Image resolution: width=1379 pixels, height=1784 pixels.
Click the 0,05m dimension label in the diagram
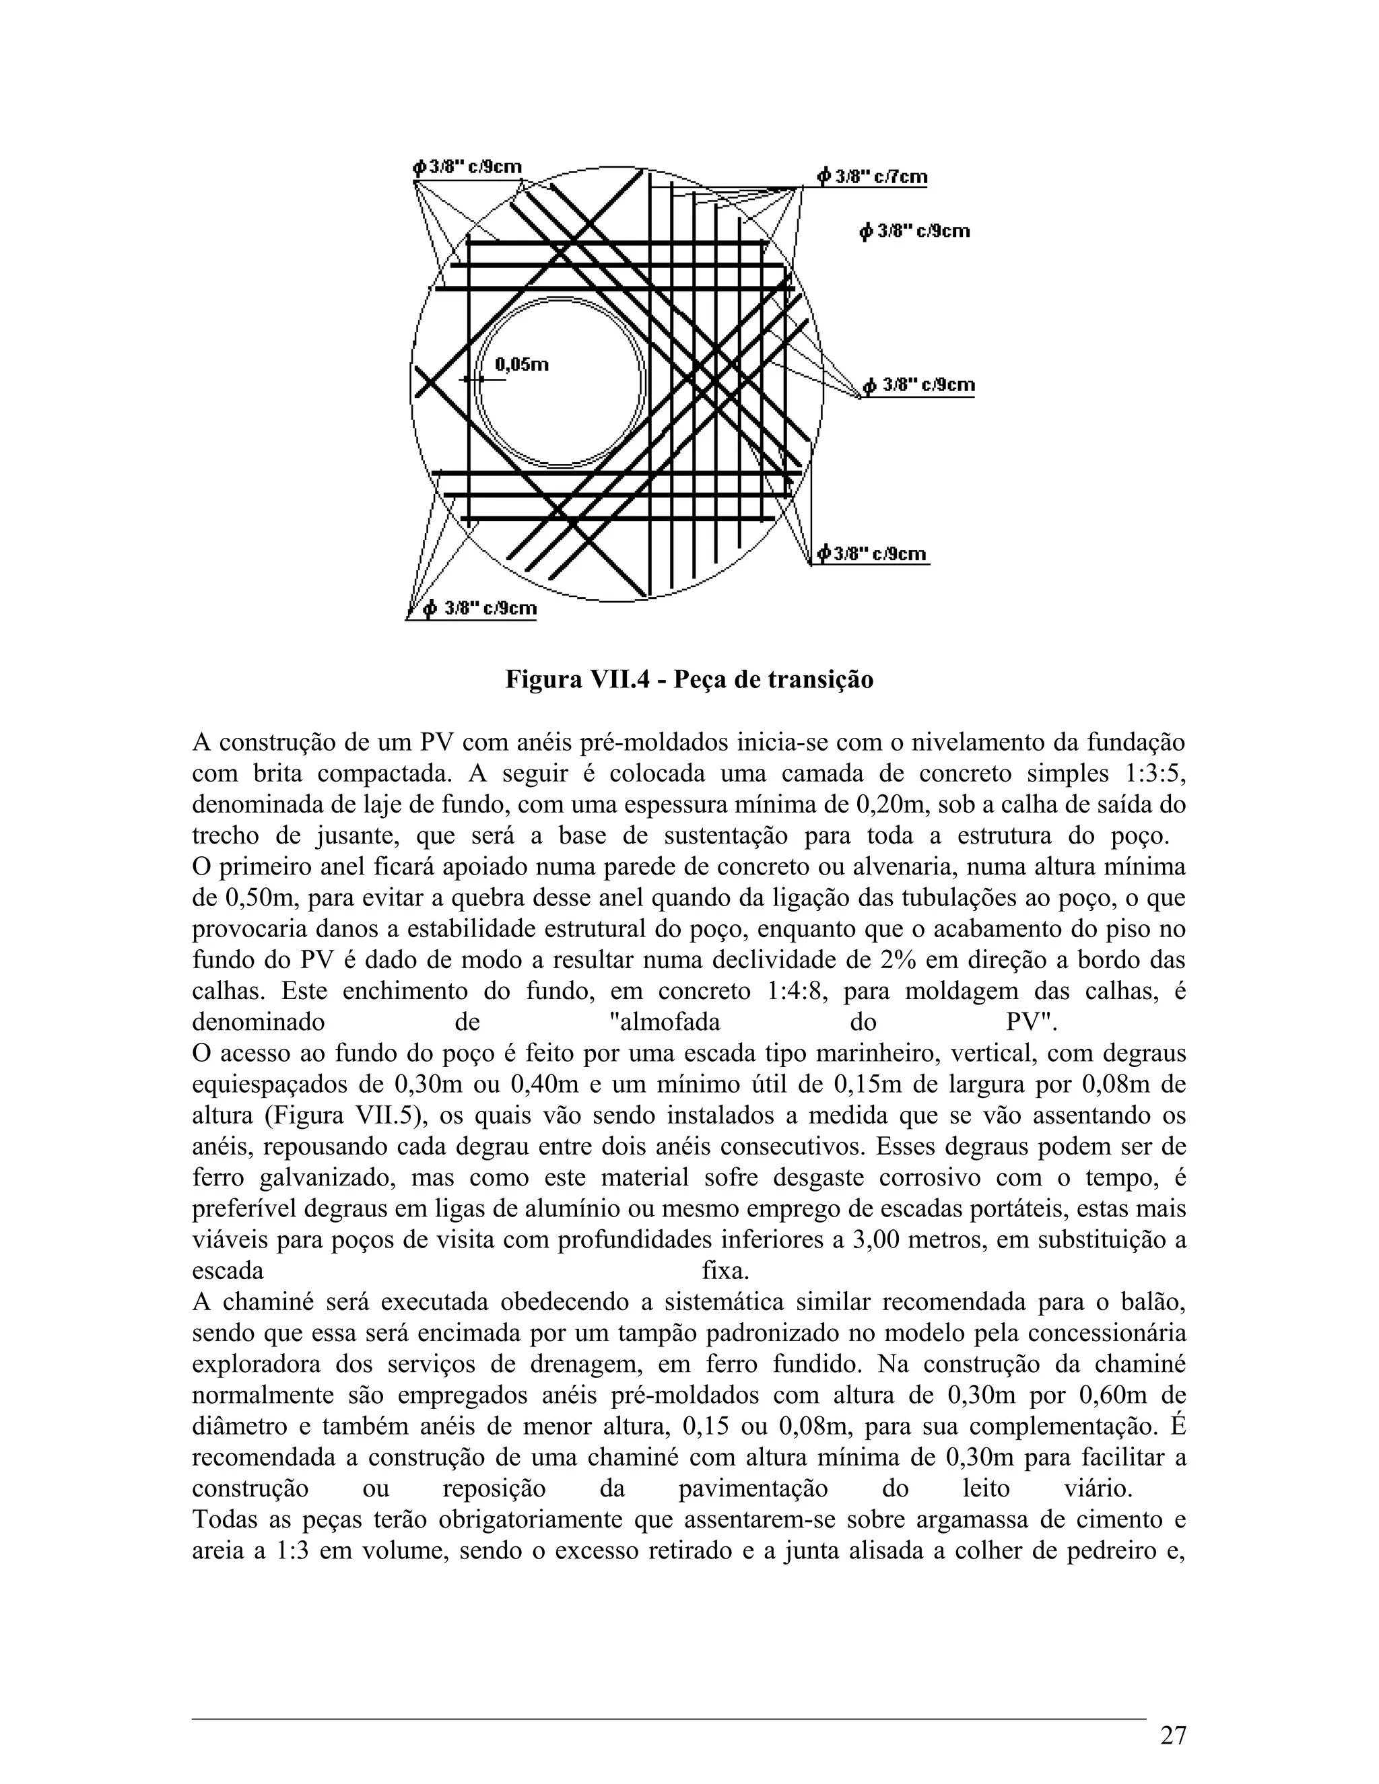coord(522,365)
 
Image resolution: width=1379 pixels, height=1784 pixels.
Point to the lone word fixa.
coord(725,1271)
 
